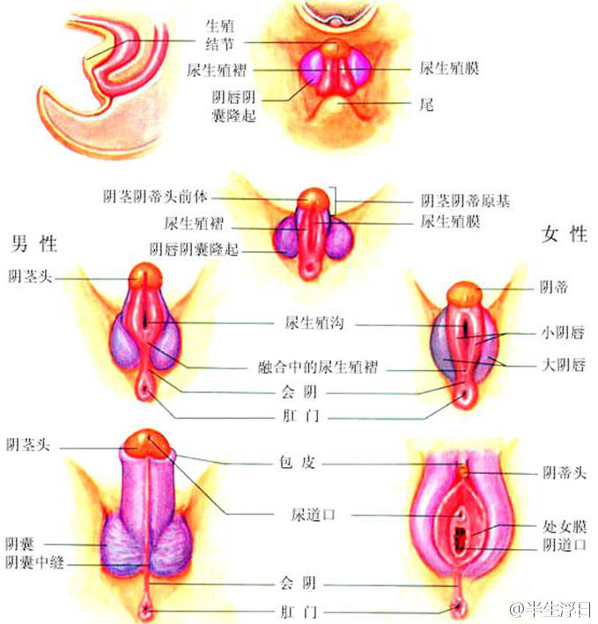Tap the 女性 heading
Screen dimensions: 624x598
[565, 234]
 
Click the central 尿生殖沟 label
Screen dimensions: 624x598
[313, 323]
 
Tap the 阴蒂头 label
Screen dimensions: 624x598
[563, 473]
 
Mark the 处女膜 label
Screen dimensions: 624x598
[563, 528]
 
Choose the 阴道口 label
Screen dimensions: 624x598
[563, 546]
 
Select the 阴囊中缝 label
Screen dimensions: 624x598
[34, 561]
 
